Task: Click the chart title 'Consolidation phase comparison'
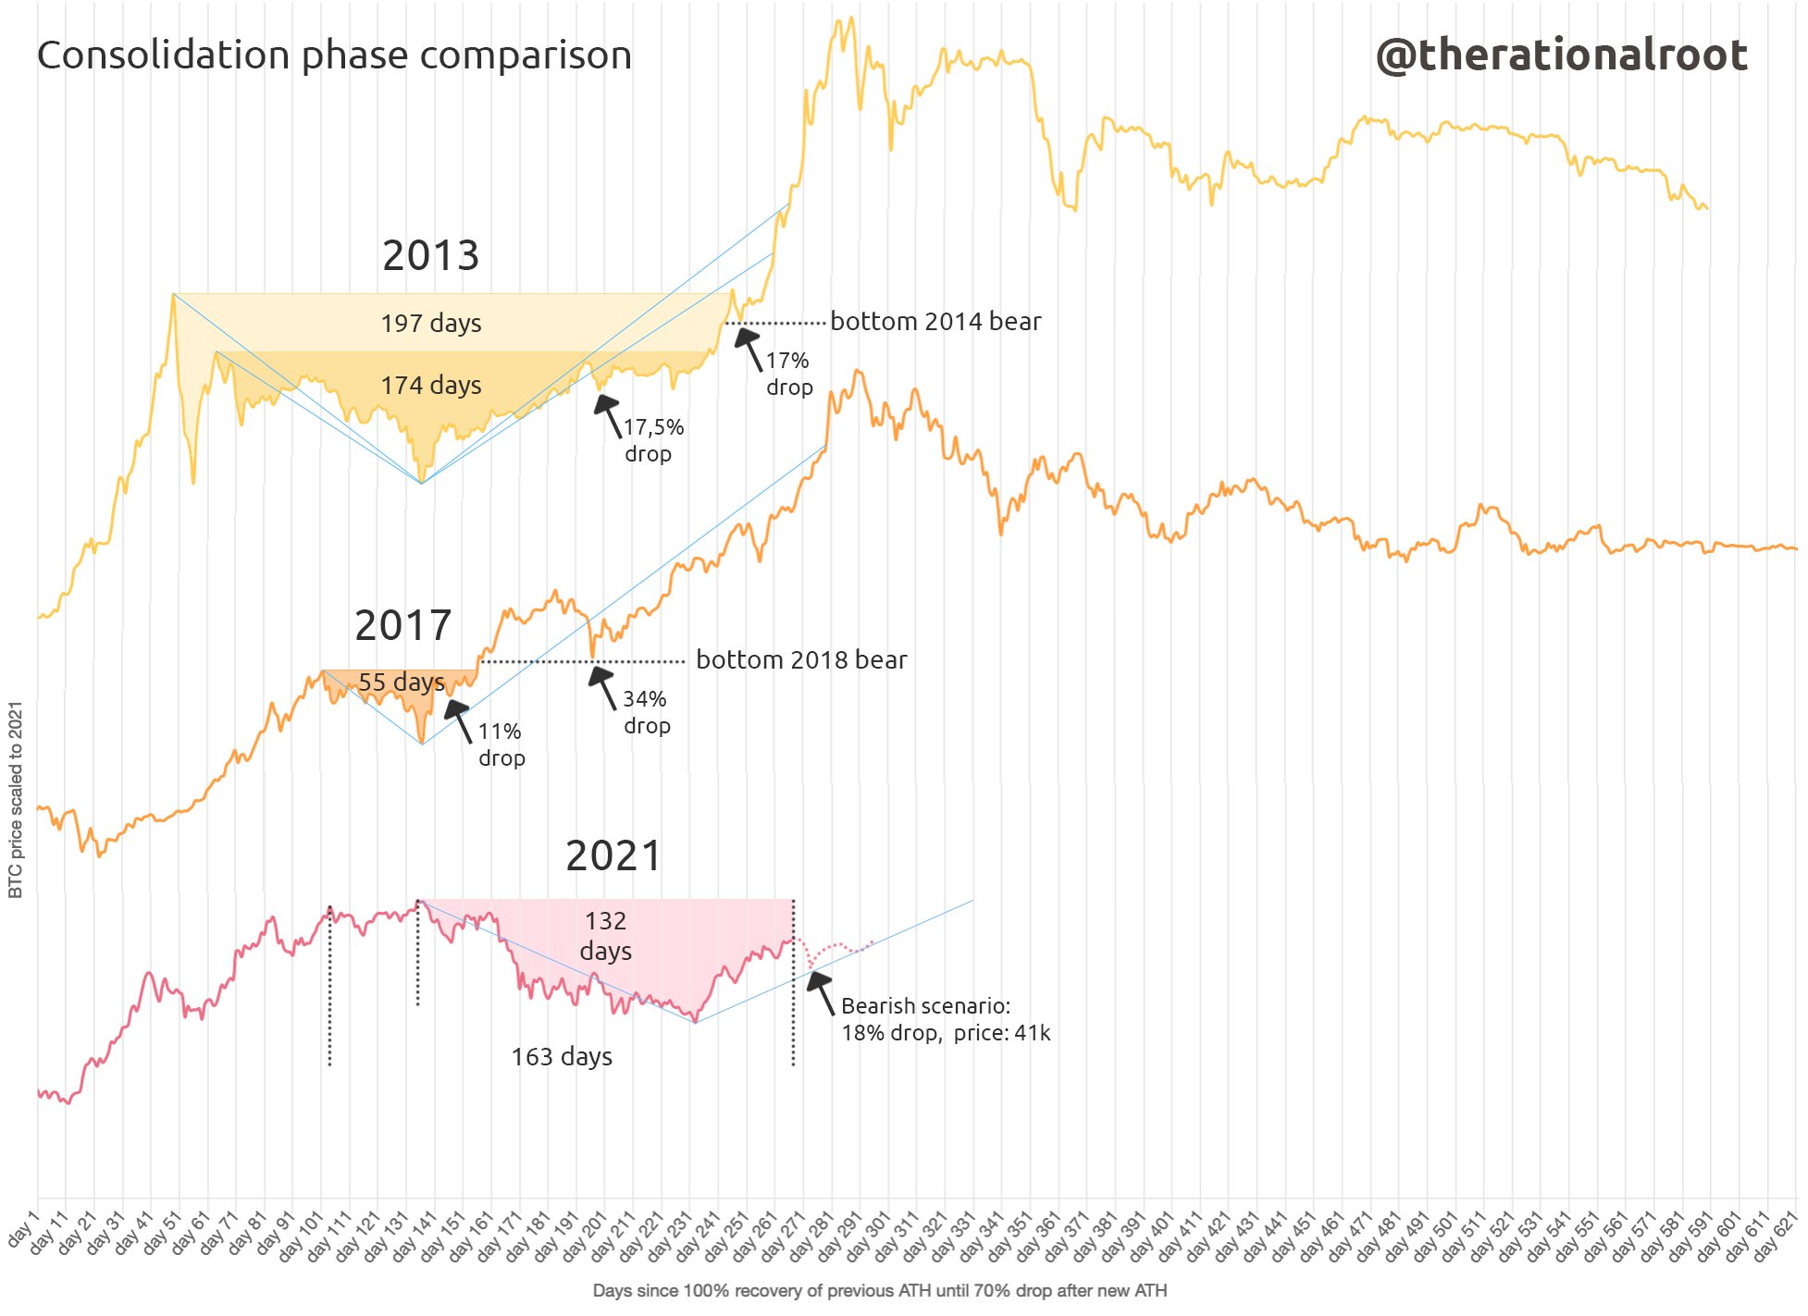[x=334, y=55]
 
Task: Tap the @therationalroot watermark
[x=1561, y=55]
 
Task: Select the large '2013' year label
[x=430, y=255]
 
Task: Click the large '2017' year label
[x=402, y=625]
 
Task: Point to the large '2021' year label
[x=613, y=855]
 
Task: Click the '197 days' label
[x=431, y=324]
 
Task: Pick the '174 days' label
[x=431, y=385]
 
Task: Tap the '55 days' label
[x=402, y=683]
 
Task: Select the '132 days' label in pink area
[x=606, y=936]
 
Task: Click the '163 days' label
[x=562, y=1056]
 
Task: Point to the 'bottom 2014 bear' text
[x=935, y=322]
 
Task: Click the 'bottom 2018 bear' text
[x=801, y=660]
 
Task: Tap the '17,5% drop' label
[x=652, y=440]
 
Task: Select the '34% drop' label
[x=646, y=712]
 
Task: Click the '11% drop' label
[x=501, y=744]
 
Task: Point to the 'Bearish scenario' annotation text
[x=945, y=1019]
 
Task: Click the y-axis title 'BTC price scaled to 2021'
[x=16, y=799]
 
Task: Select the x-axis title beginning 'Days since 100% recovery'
[x=879, y=1290]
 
